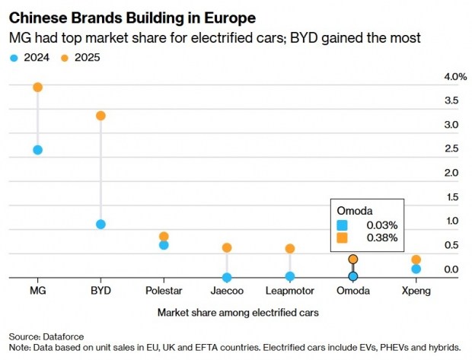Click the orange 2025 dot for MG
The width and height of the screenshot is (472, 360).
pos(37,88)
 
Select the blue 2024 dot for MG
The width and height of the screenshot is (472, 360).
pos(37,150)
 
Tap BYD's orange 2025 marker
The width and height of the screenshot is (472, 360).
pos(100,116)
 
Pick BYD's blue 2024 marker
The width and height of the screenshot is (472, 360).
pos(100,225)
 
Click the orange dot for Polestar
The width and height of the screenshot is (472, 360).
pos(164,237)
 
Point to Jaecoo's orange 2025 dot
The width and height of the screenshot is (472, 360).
pos(227,248)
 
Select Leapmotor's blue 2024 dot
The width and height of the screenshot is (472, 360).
pos(290,276)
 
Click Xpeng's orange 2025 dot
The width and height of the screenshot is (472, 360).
pos(416,260)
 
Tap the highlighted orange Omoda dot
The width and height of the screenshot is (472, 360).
pos(353,260)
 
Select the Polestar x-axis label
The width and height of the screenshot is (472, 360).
pos(164,292)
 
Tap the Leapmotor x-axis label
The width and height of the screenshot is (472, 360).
pos(290,292)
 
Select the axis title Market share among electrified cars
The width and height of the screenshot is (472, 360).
pos(237,313)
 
